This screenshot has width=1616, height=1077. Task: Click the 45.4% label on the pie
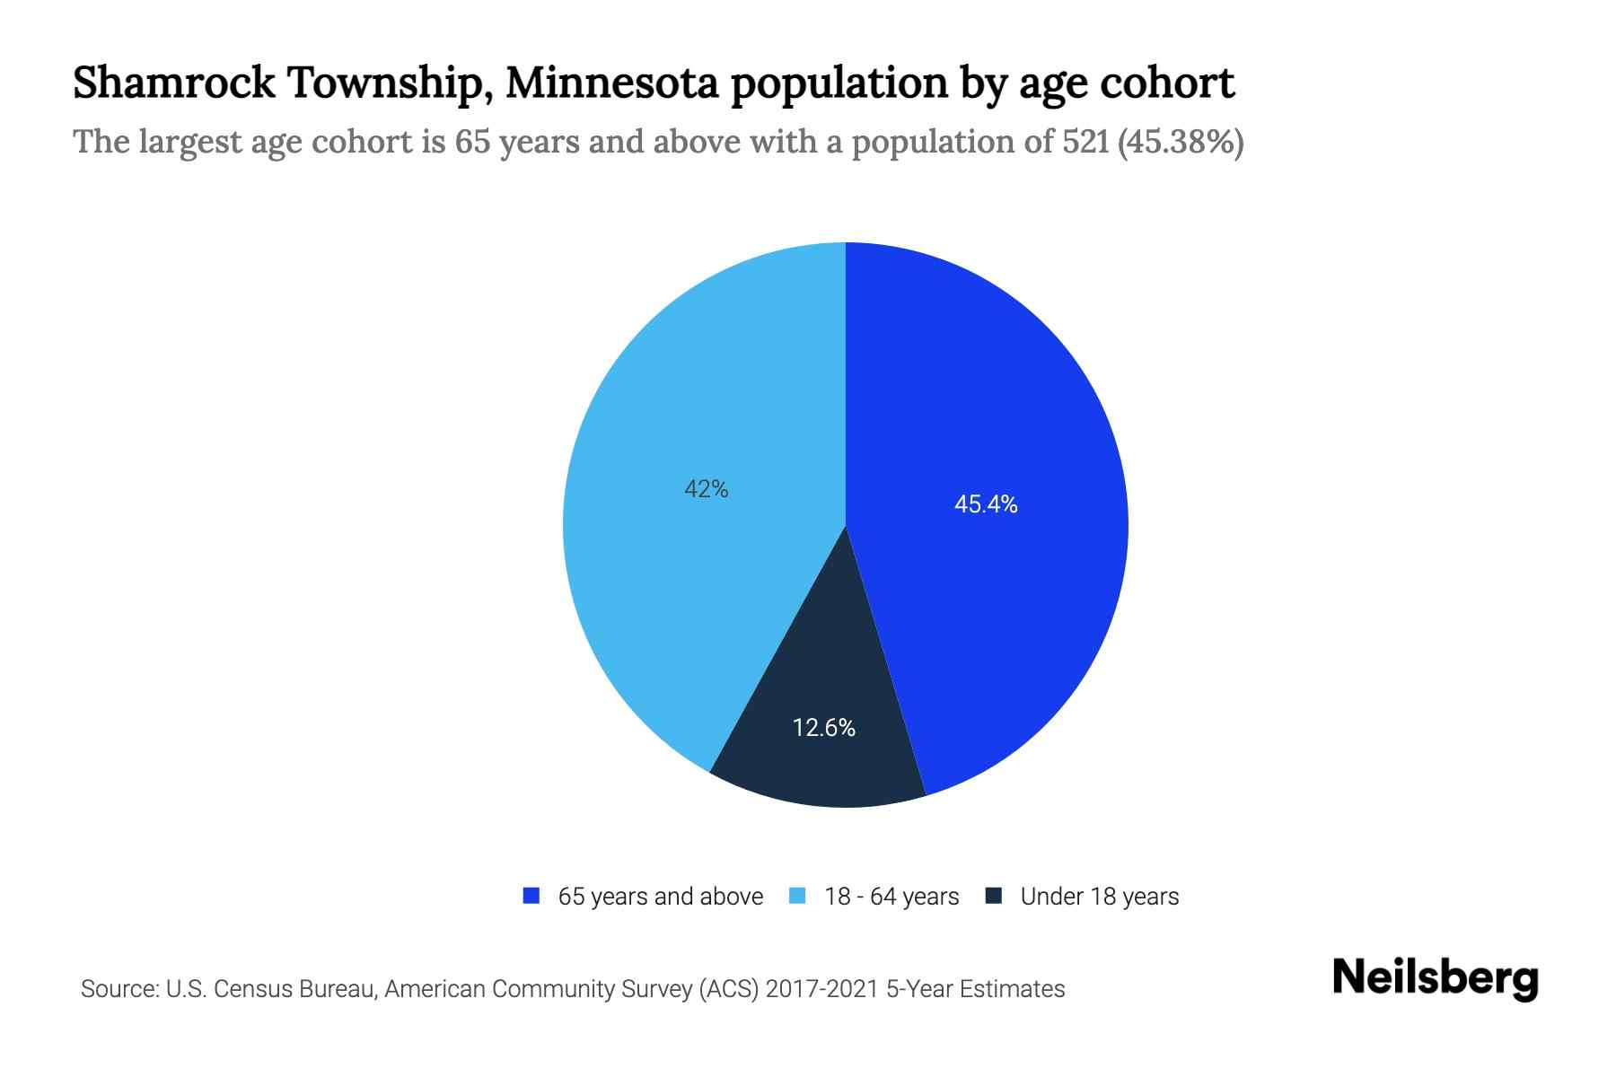pyautogui.click(x=986, y=504)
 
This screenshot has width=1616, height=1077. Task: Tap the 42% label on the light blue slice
pyautogui.click(x=707, y=489)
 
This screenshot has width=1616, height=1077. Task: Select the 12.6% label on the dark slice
pyautogui.click(x=823, y=728)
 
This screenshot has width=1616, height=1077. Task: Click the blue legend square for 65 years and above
pyautogui.click(x=531, y=896)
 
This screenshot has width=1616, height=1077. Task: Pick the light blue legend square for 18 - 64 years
pyautogui.click(x=797, y=896)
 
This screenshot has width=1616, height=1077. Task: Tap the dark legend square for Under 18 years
pyautogui.click(x=993, y=896)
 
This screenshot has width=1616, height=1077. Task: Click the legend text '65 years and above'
pyautogui.click(x=660, y=897)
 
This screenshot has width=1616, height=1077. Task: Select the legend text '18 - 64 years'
pyautogui.click(x=891, y=897)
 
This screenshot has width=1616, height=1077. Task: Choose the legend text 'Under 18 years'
pyautogui.click(x=1099, y=897)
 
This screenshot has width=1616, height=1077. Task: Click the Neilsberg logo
pyautogui.click(x=1435, y=978)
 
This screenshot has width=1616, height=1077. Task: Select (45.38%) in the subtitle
pyautogui.click(x=1180, y=142)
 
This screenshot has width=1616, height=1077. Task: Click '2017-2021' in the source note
pyautogui.click(x=821, y=989)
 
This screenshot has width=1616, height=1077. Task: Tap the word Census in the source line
pyautogui.click(x=256, y=989)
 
